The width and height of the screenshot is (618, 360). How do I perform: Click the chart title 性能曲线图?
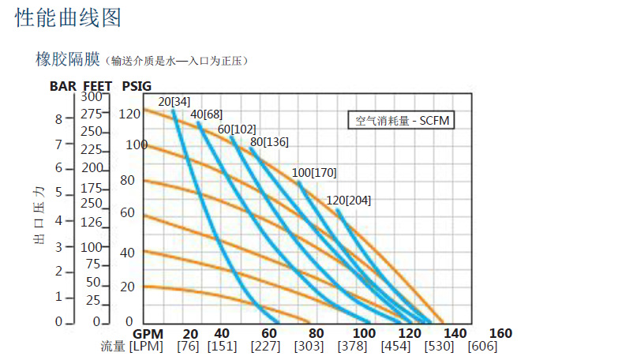click(x=69, y=18)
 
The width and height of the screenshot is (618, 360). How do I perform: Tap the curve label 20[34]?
click(x=174, y=102)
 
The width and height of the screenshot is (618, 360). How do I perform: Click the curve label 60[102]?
click(x=237, y=129)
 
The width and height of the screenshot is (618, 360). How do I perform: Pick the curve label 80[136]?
click(x=269, y=142)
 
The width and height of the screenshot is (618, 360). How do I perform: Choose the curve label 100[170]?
click(x=314, y=172)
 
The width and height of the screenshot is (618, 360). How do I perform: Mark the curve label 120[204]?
click(x=348, y=201)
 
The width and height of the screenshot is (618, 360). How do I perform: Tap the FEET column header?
click(x=99, y=86)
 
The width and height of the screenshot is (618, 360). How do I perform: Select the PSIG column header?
click(x=137, y=86)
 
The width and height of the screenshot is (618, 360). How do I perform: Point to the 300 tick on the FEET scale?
click(x=92, y=96)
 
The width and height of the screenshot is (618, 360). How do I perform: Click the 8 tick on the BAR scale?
click(x=58, y=119)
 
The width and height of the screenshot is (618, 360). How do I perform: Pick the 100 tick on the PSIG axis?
click(x=137, y=145)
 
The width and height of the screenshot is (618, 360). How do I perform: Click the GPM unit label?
click(x=148, y=334)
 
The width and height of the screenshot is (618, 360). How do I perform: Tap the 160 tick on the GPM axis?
click(x=500, y=334)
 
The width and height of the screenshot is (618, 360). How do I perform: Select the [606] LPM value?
click(x=482, y=347)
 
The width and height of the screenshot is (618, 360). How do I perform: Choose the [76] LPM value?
click(x=187, y=347)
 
